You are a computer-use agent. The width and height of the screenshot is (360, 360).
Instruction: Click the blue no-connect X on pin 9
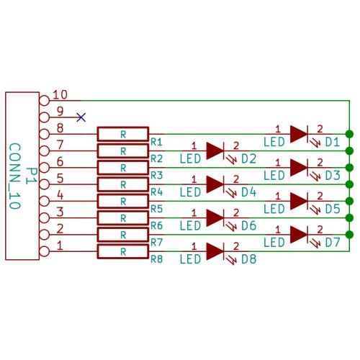click(81, 117)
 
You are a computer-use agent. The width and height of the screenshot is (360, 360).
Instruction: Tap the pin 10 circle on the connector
click(44, 101)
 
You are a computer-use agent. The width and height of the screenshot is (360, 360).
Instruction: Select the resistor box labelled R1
click(123, 134)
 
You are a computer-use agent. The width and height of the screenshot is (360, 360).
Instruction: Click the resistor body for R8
click(123, 251)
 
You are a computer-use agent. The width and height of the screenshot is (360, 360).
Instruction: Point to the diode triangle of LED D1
click(299, 134)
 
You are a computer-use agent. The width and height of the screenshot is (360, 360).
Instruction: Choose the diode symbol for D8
click(215, 251)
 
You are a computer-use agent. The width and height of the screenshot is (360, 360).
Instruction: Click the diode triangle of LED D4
click(215, 184)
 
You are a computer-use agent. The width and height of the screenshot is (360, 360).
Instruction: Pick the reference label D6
click(249, 225)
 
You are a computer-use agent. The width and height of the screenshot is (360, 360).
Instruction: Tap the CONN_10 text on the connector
click(15, 176)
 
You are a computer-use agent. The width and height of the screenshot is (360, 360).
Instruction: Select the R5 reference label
click(156, 209)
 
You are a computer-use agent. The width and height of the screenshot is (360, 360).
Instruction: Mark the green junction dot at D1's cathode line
click(349, 134)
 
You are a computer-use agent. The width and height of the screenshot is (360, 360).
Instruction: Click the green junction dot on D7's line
click(349, 234)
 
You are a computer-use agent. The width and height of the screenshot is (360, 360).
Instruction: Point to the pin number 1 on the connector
click(60, 246)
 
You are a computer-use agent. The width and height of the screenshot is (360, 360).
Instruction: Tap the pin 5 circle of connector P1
click(44, 184)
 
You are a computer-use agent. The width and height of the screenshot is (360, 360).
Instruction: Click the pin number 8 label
click(60, 128)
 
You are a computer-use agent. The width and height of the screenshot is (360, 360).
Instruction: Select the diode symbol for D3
click(299, 167)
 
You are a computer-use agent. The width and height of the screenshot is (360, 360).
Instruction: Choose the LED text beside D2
click(190, 158)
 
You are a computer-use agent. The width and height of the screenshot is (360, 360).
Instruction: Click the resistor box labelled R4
click(123, 184)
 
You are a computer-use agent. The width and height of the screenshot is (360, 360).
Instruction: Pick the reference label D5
click(333, 209)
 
